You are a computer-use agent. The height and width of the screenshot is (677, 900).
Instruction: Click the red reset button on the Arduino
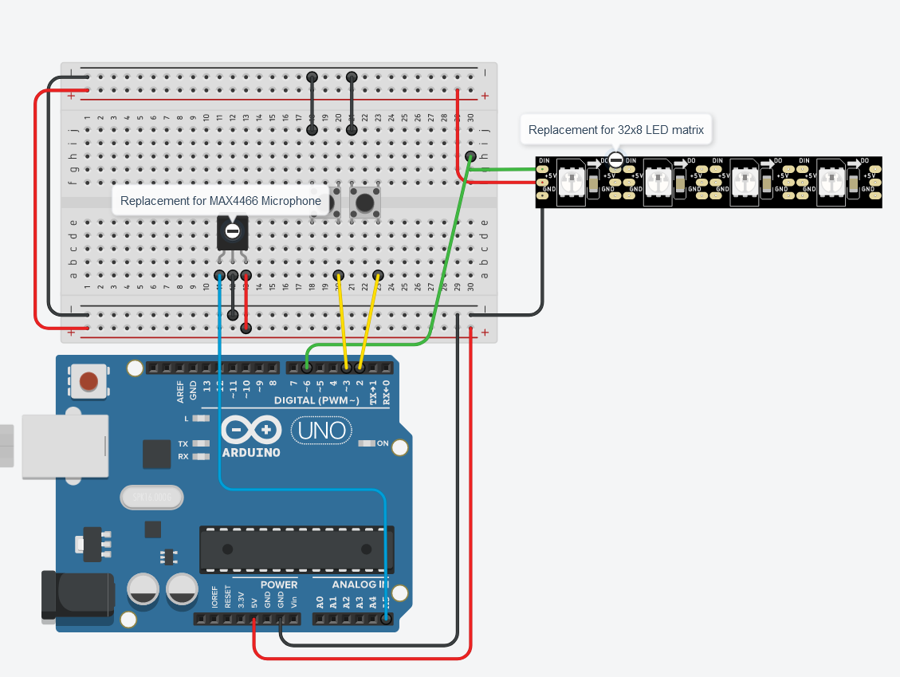click(88, 381)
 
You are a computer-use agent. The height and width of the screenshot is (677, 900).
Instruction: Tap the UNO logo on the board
click(322, 431)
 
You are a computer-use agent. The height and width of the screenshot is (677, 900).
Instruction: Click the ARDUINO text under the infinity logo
click(251, 452)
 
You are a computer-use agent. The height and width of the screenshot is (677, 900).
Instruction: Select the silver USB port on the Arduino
click(64, 446)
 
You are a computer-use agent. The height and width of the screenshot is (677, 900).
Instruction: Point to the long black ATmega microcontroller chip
click(297, 549)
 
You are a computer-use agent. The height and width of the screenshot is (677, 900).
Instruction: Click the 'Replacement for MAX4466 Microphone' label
click(221, 201)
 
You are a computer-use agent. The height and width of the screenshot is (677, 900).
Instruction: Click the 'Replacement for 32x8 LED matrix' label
click(616, 129)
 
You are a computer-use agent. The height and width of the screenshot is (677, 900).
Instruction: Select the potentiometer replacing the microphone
click(232, 234)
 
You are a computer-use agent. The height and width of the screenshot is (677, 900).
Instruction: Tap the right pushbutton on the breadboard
click(365, 202)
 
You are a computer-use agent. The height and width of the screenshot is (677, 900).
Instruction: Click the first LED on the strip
click(570, 182)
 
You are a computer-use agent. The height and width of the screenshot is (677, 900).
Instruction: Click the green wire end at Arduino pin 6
click(307, 368)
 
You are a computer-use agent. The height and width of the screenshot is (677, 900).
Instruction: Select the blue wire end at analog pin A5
click(386, 619)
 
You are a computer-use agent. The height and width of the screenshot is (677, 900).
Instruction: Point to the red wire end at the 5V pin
click(254, 619)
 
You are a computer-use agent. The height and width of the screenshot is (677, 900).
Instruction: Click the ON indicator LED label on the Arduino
click(383, 443)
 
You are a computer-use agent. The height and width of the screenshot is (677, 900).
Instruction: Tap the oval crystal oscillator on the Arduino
click(151, 498)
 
